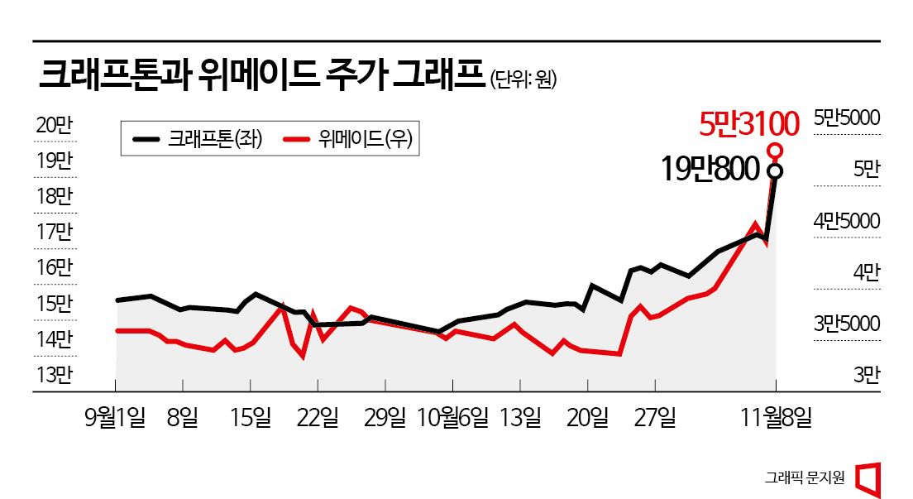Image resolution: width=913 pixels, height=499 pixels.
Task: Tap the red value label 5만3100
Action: pyautogui.click(x=748, y=124)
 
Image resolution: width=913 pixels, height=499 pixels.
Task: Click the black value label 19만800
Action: pyautogui.click(x=710, y=169)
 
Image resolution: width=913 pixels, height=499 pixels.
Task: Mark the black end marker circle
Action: pyautogui.click(x=775, y=171)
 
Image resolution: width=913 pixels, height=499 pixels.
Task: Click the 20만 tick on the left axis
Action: pyautogui.click(x=55, y=125)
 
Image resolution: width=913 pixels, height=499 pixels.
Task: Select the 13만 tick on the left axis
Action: pyautogui.click(x=55, y=375)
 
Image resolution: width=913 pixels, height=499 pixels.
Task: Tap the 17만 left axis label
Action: pyautogui.click(x=55, y=232)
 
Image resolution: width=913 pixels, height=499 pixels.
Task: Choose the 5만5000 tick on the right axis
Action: pyautogui.click(x=847, y=118)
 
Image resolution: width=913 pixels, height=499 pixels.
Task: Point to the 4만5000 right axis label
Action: pyautogui.click(x=847, y=221)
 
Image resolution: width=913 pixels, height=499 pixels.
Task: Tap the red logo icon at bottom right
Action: pyautogui.click(x=868, y=477)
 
